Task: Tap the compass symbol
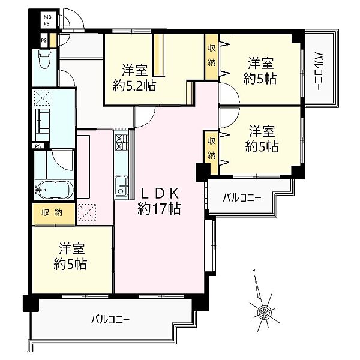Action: pos(263,311)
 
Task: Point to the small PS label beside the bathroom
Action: pos(38,146)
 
